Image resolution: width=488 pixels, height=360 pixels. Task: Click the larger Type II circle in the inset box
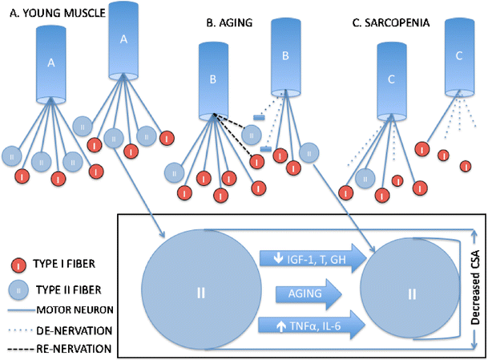click(x=200, y=293)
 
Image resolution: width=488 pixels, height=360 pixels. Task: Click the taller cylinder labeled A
click(x=123, y=38)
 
